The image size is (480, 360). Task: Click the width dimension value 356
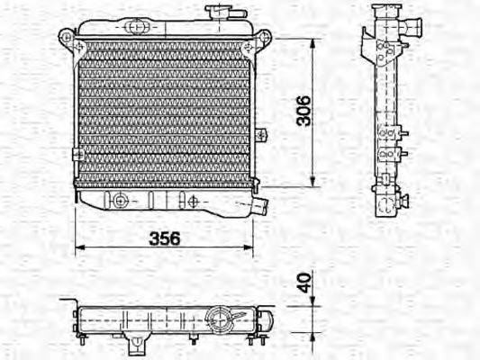click(x=162, y=238)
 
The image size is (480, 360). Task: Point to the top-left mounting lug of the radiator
click(x=66, y=37)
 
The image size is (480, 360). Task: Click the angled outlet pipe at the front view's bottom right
click(x=261, y=205)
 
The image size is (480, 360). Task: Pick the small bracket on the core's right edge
click(x=260, y=135)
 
